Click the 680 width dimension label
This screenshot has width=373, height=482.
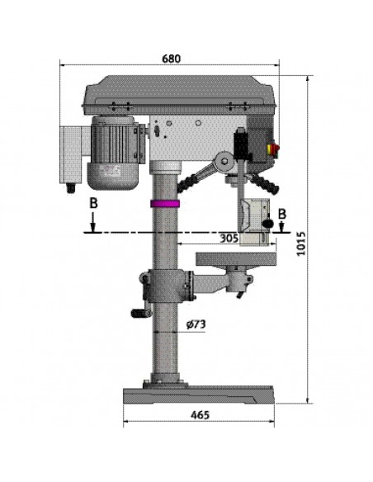[171, 59]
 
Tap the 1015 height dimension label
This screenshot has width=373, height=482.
[301, 243]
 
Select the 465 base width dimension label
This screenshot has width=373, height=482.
[200, 414]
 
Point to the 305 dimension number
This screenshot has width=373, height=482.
[229, 238]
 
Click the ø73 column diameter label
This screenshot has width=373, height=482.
[196, 324]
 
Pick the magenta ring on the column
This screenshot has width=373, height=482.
[165, 204]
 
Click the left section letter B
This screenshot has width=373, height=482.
[93, 203]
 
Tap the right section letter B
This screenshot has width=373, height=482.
[282, 214]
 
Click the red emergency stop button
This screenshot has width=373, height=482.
[274, 149]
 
